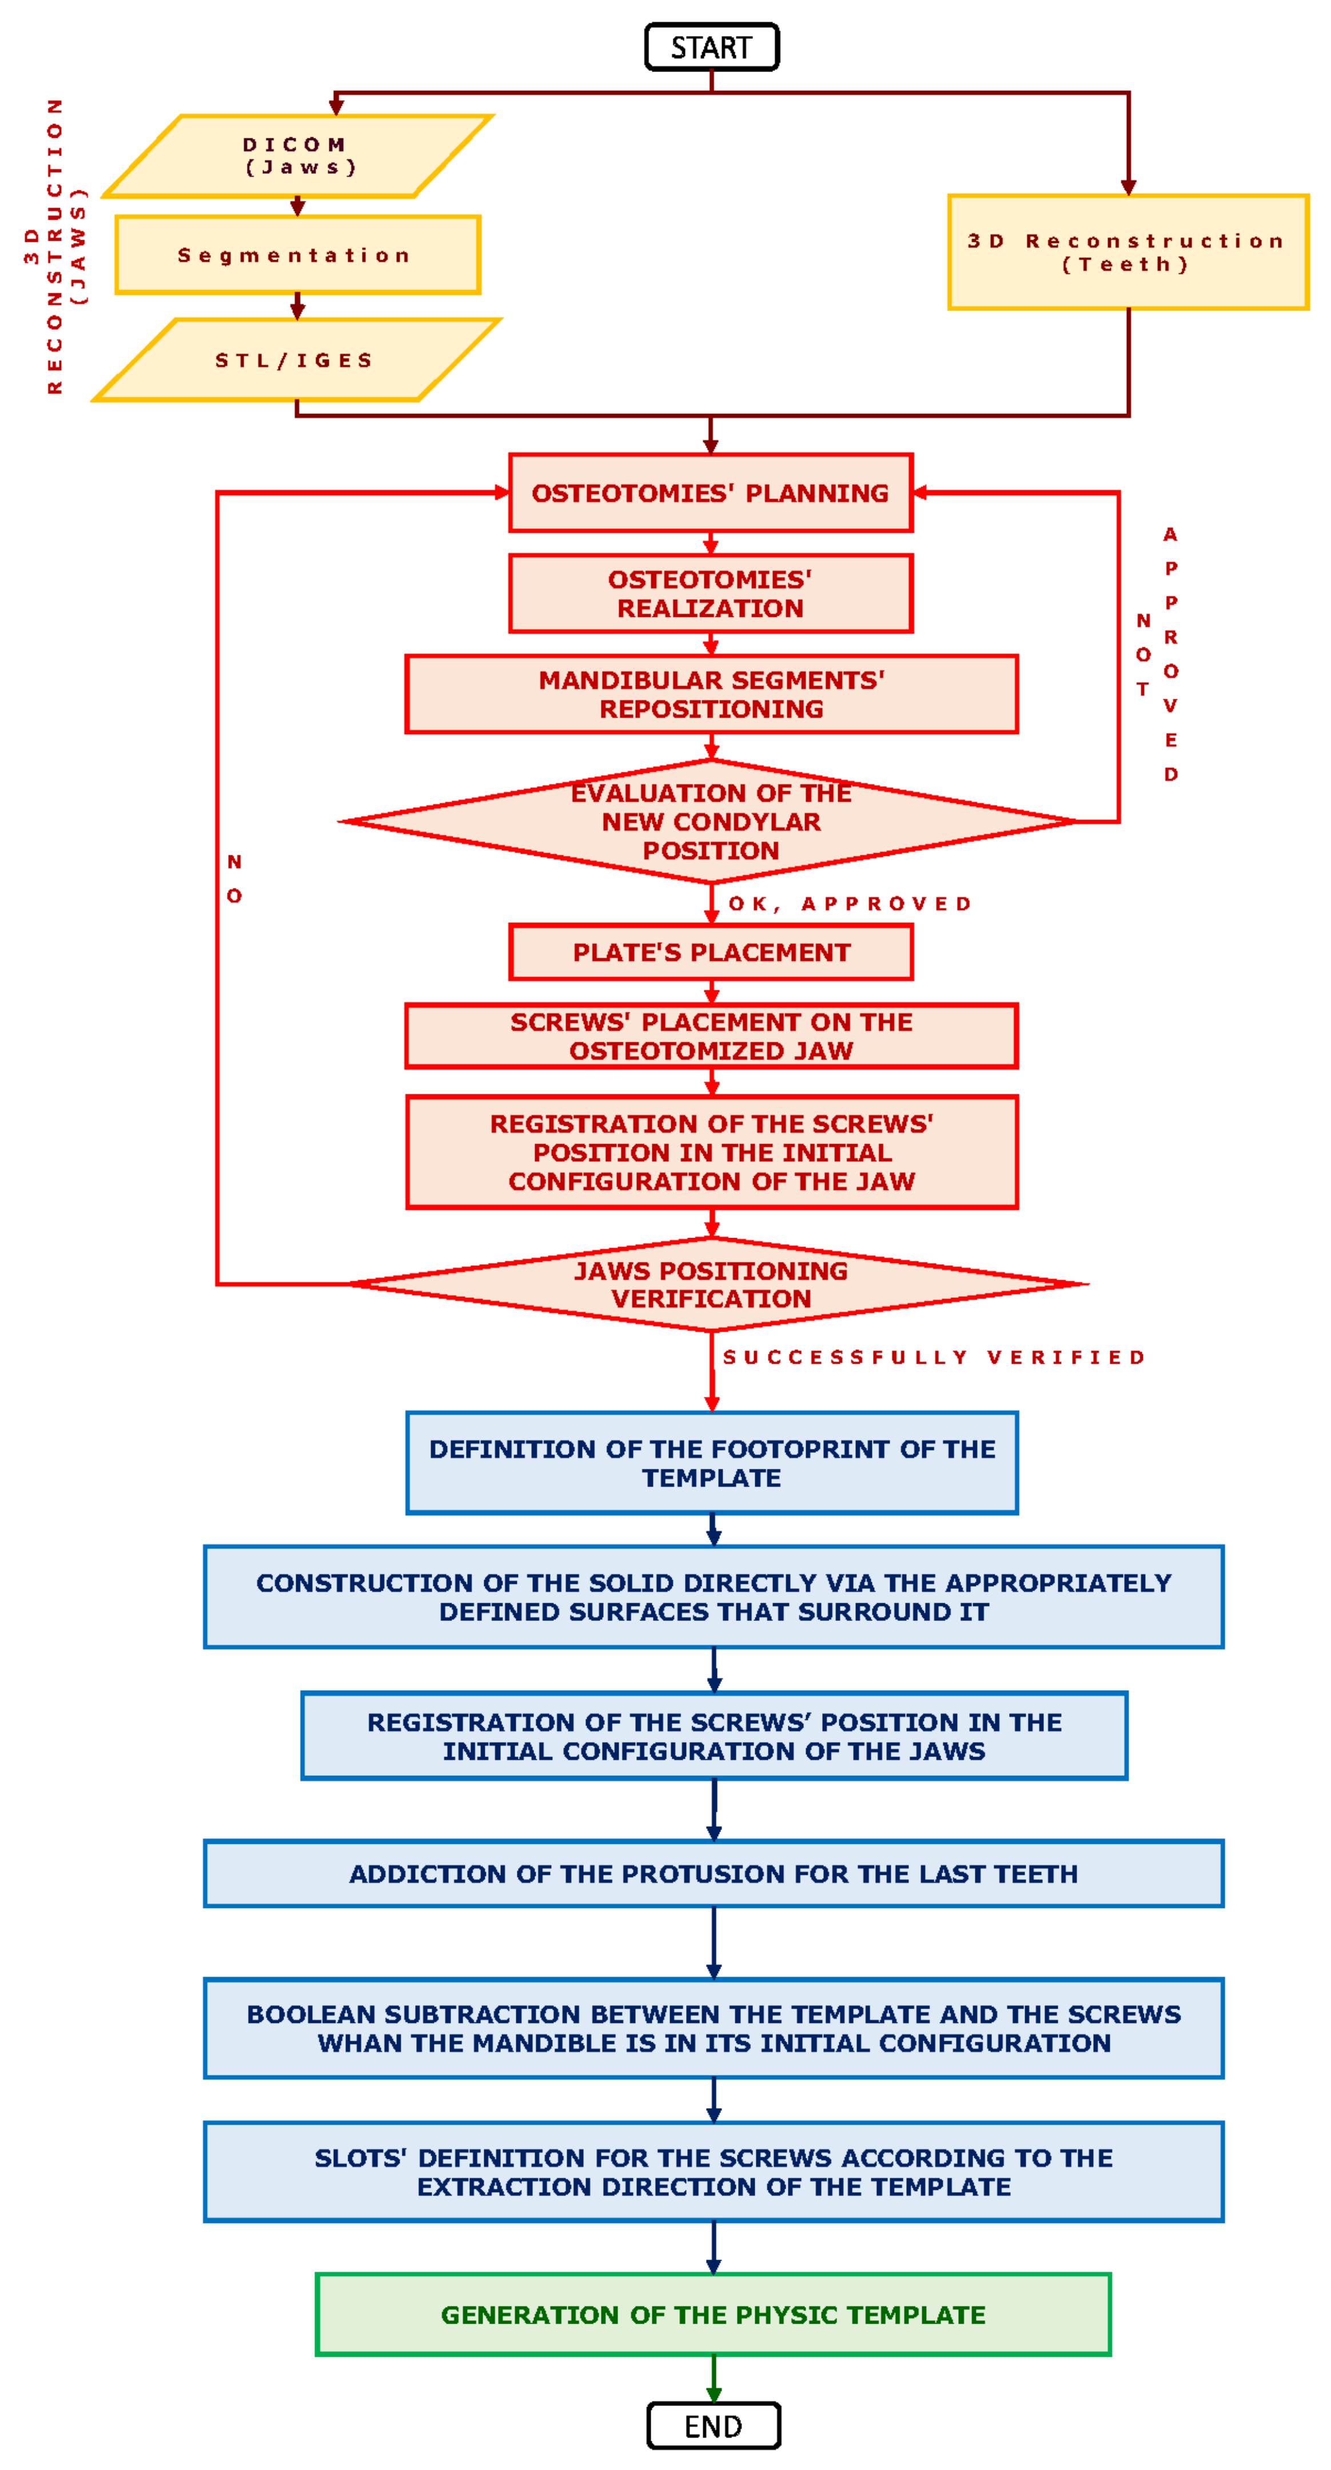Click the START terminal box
pyautogui.click(x=712, y=47)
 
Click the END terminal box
pyautogui.click(x=714, y=2426)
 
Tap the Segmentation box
pyautogui.click(x=297, y=255)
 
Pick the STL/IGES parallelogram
pyautogui.click(x=296, y=361)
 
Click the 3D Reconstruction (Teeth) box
pyautogui.click(x=1127, y=252)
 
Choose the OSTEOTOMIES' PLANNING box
pyautogui.click(x=711, y=493)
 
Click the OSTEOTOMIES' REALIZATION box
pyautogui.click(x=711, y=593)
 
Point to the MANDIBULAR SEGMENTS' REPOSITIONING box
pyautogui.click(x=712, y=694)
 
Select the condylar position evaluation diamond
pyautogui.click(x=711, y=822)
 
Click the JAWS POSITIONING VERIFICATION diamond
pyautogui.click(x=712, y=1284)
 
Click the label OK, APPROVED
pyautogui.click(x=850, y=904)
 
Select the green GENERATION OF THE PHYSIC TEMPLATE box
pyautogui.click(x=714, y=2314)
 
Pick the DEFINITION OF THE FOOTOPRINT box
pyautogui.click(x=712, y=1463)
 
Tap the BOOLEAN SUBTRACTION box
pyautogui.click(x=714, y=2028)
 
